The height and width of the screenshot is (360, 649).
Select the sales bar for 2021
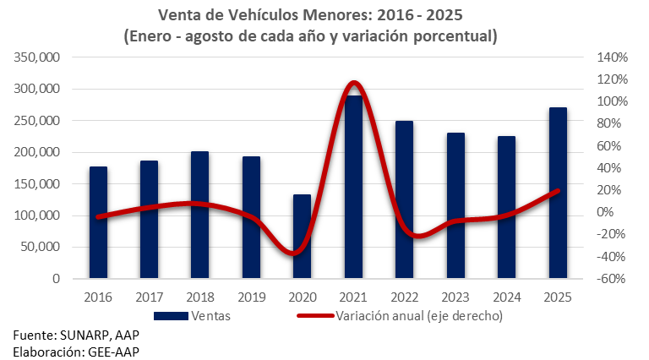353,187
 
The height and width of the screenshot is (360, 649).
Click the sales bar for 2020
302,236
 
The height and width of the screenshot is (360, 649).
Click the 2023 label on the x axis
455,297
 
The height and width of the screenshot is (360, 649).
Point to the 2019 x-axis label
251,297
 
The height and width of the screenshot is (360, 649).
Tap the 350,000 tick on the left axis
37,57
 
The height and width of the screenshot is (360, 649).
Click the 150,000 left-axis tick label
37,183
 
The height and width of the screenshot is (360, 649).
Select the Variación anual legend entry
419,316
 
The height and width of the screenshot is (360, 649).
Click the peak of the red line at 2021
353,83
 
